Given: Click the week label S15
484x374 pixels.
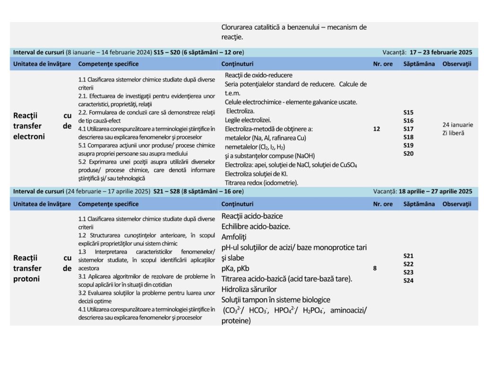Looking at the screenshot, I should [x=408, y=113].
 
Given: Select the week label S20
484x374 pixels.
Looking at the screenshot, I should [x=408, y=153].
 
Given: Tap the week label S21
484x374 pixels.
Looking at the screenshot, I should [x=408, y=256].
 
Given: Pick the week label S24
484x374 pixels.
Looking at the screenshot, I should [x=408, y=280].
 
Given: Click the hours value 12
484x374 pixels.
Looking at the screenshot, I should [x=376, y=129].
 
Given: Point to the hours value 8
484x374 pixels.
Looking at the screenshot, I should [x=375, y=268].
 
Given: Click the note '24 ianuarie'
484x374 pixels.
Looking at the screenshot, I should [x=457, y=125].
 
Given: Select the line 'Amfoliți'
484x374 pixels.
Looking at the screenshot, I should [x=234, y=237].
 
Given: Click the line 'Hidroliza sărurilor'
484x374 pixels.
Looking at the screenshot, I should [x=249, y=289].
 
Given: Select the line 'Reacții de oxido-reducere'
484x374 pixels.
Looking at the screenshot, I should [x=258, y=75].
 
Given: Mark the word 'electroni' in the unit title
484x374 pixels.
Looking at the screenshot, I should [x=29, y=137].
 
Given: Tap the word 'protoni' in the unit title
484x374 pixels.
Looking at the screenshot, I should [x=27, y=278].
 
